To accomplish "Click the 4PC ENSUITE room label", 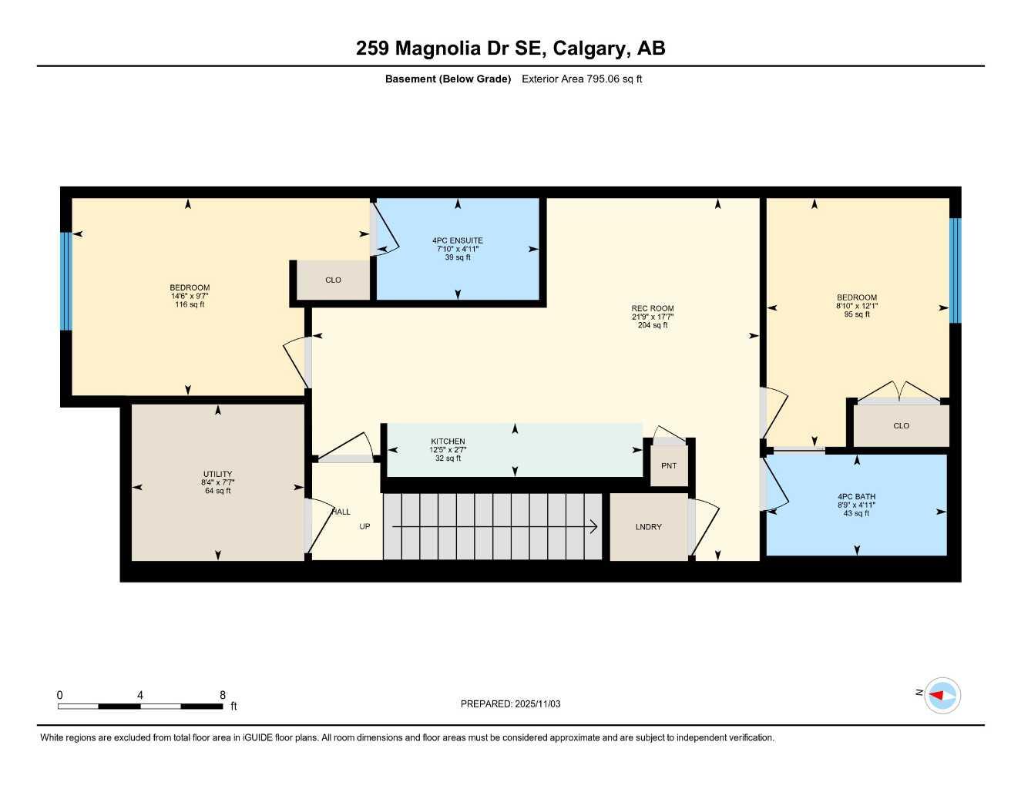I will click(458, 240).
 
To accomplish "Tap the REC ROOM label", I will click(652, 308).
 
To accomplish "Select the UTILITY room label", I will click(217, 474).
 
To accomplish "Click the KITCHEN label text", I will click(448, 442).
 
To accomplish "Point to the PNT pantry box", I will click(669, 466).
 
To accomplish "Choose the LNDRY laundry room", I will click(648, 527).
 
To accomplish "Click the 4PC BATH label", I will click(856, 497).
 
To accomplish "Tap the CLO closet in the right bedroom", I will click(901, 425).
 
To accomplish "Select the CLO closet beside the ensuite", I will click(333, 280).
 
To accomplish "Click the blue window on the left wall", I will click(66, 281).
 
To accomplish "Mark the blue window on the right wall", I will click(956, 270).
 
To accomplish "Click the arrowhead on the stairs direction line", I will click(594, 527).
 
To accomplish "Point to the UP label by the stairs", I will click(364, 527).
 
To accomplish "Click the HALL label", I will click(341, 512).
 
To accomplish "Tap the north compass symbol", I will click(942, 695).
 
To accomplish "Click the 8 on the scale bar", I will click(223, 695).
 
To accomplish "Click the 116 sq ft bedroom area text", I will click(190, 304).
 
